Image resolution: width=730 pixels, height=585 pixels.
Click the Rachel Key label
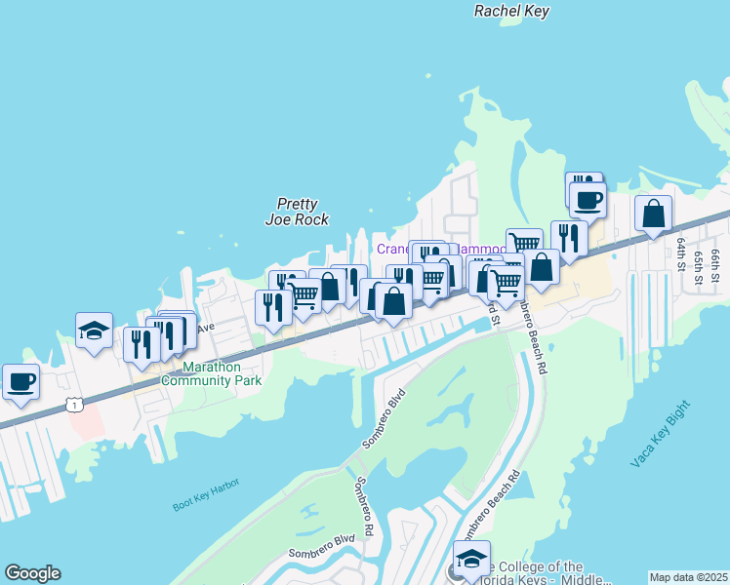[511, 12]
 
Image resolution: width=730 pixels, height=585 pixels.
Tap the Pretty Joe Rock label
[298, 212]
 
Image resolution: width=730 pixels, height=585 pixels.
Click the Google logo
[32, 573]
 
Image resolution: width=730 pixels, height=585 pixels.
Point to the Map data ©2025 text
[688, 577]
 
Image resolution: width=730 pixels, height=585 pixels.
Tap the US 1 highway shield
[73, 404]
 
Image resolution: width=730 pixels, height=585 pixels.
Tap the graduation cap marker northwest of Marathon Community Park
[94, 331]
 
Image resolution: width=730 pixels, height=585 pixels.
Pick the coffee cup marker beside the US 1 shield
[20, 382]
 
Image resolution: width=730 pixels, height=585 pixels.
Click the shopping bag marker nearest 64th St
[653, 214]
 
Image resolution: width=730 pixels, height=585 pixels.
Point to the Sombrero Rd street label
[364, 506]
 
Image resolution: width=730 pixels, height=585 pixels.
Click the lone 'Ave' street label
[206, 328]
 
